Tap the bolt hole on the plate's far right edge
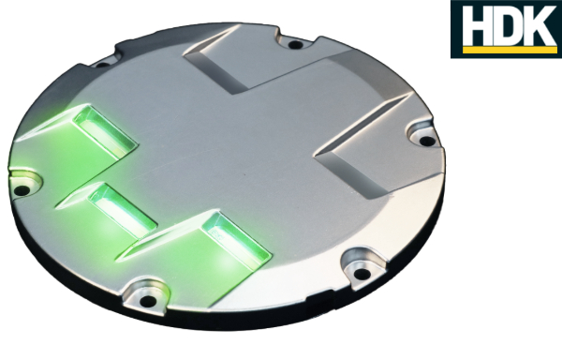(427, 142)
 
